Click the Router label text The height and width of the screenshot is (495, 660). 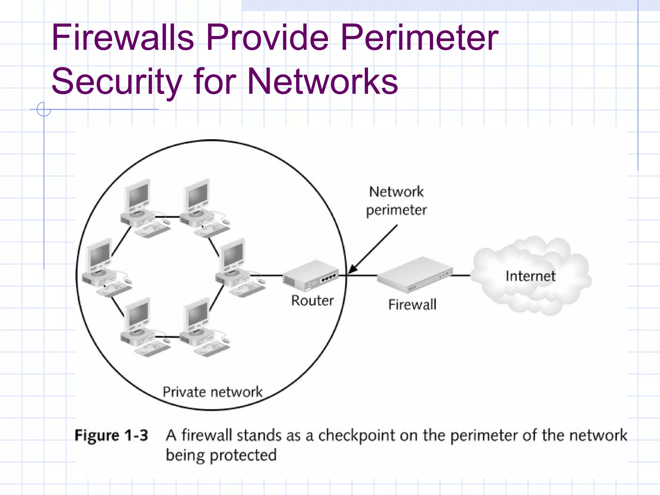312,301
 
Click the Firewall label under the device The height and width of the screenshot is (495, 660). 412,305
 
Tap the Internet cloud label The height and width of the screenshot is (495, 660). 530,276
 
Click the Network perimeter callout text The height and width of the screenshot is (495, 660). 396,201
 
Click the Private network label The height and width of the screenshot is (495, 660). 212,392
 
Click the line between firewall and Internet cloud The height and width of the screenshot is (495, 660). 461,276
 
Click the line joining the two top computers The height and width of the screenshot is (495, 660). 167,217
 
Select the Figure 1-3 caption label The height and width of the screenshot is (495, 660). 111,435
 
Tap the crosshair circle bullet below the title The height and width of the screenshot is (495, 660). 44,109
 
